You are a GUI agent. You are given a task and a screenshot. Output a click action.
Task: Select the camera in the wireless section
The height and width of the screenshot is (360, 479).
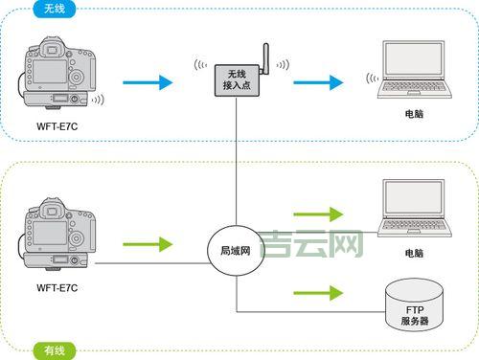point(60,77)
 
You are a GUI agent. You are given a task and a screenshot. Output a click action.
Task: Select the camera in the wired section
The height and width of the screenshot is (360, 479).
point(60,235)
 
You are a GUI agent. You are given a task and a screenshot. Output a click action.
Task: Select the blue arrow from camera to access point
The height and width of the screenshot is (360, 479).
point(149,83)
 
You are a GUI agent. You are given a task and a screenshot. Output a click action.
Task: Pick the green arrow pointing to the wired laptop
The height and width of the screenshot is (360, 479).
point(316,214)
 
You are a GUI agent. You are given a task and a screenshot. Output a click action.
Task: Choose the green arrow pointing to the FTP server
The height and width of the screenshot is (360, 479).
point(316,292)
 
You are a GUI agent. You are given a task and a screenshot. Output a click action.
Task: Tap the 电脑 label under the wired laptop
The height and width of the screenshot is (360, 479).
point(413,255)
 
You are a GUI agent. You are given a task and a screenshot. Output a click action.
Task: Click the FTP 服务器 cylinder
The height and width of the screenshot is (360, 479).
point(414,305)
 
